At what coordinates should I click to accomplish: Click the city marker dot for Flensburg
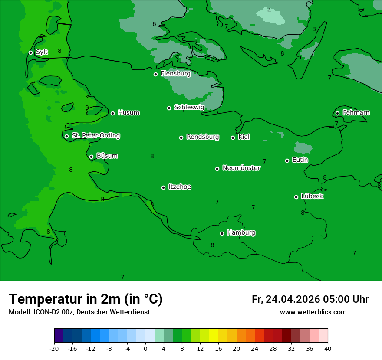155,74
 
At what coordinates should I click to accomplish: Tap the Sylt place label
42,52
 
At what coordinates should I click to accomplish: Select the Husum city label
128,113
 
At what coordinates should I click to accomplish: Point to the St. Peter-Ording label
95,136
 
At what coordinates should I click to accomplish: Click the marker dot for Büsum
91,157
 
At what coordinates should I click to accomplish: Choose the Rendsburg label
202,137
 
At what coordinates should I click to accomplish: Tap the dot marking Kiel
233,137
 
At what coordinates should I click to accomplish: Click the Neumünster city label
241,168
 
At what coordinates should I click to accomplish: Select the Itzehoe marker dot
163,187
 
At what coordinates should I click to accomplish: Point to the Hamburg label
241,233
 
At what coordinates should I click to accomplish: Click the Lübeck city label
312,196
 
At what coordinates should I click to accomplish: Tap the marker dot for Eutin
287,160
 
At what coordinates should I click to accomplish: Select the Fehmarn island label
356,113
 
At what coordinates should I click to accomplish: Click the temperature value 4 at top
269,10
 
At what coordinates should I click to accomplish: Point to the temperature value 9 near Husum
87,108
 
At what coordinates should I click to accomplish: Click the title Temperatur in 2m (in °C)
86,299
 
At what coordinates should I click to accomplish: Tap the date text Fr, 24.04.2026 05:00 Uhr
310,299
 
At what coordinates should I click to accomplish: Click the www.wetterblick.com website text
313,312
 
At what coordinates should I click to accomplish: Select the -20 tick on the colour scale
54,349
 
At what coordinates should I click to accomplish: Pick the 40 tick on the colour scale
328,349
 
